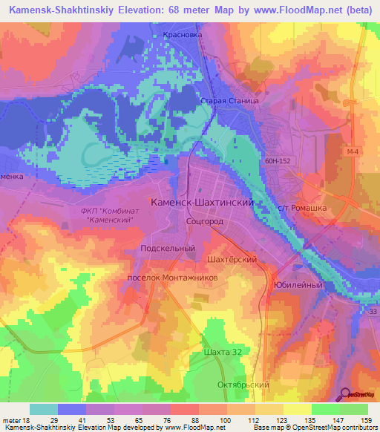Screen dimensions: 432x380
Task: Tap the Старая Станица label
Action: point(229,99)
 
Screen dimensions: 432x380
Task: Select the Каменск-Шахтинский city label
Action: point(203,202)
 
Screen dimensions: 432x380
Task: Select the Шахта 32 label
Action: point(222,352)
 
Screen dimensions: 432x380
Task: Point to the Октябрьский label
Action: point(243,385)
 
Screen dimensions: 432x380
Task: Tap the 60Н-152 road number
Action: point(276,158)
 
